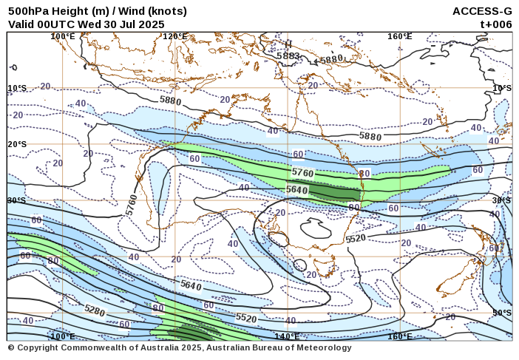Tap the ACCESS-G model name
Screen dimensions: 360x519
(x=482, y=11)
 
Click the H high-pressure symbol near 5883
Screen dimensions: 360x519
(x=288, y=44)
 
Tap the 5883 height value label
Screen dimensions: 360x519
(x=288, y=55)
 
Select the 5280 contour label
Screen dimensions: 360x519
(x=95, y=310)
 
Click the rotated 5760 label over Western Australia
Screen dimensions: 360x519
(x=132, y=204)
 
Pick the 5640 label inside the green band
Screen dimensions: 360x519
(x=296, y=190)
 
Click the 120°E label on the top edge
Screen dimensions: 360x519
(x=175, y=36)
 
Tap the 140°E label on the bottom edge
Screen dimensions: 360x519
(x=287, y=336)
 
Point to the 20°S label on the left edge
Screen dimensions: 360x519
(x=17, y=144)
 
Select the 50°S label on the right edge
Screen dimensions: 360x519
(x=501, y=313)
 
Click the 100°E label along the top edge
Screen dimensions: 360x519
(x=63, y=36)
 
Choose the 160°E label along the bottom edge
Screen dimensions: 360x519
(x=400, y=336)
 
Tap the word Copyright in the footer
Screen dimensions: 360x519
(x=38, y=347)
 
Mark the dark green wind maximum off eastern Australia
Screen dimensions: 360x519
(x=330, y=193)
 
